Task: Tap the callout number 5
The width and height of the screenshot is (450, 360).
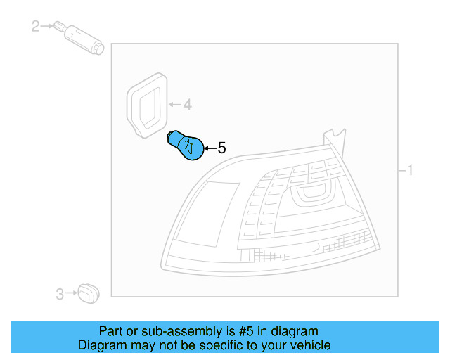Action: click(221, 148)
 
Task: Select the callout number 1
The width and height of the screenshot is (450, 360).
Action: click(410, 170)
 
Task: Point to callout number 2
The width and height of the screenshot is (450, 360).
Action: click(36, 27)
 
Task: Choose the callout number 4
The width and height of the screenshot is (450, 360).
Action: click(187, 105)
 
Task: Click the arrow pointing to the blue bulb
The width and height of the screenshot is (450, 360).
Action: click(210, 148)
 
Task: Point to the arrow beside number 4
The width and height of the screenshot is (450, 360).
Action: click(174, 105)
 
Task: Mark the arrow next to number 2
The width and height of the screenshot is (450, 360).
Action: click(48, 27)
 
